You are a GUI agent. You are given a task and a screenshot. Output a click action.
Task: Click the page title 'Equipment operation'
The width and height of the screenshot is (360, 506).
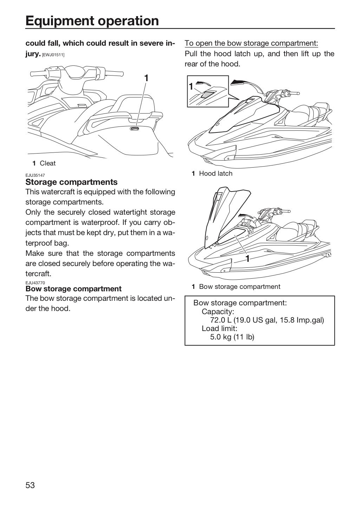pos(92,21)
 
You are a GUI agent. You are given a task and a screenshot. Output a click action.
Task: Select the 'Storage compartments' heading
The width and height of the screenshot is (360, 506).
pos(71,182)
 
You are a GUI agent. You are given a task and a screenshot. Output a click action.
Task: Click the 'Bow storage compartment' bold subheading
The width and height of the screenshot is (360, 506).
pos(73,289)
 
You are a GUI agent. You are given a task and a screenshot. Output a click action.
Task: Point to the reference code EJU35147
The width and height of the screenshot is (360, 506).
pos(35,175)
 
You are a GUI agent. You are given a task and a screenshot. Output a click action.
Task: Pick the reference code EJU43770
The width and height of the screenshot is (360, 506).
pos(35,283)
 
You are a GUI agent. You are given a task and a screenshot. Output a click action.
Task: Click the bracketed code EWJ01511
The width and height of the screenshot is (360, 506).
pos(53,55)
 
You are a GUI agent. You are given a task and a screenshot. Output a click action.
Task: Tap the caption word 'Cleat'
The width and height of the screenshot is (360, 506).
pos(48,163)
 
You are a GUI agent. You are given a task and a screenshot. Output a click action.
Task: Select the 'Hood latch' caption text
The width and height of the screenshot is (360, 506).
pos(216,174)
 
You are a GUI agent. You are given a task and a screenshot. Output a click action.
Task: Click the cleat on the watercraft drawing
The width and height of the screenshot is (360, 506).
pos(135,128)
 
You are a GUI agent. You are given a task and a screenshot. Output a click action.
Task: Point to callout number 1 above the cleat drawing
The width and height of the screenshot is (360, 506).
pos(146,78)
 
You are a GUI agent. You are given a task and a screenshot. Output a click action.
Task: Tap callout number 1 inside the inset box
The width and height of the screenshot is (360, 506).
pos(191,86)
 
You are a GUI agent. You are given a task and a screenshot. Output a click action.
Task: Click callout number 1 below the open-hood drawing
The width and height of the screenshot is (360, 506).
pos(248,259)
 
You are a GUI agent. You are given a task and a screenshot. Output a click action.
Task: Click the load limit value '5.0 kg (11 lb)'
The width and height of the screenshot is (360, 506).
pos(232,337)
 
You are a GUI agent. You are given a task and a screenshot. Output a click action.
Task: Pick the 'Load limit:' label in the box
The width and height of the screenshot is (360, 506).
pos(220,329)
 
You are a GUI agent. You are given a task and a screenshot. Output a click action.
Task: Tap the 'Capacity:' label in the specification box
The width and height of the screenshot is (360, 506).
pos(218,312)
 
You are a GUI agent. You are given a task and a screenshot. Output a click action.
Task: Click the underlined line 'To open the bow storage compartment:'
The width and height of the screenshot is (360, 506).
pos(251,43)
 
